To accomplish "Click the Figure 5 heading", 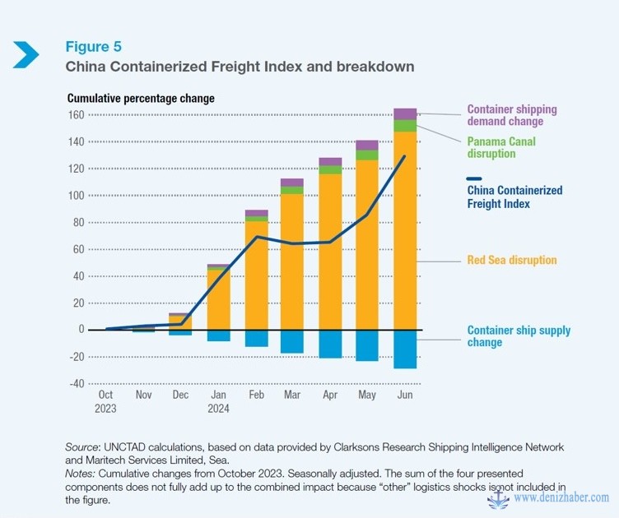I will [94, 46].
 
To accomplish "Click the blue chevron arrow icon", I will [26, 53].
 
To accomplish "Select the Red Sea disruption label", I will [512, 261].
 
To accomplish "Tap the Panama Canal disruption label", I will [501, 147].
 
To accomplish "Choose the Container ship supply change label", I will [519, 335].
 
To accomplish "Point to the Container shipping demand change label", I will [511, 115].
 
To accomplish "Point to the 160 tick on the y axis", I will [76, 115].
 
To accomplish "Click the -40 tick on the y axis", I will [76, 383].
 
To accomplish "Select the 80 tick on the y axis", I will [78, 222].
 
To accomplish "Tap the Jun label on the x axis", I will [404, 395].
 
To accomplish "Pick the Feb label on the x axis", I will [257, 395].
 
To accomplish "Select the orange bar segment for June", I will [405, 230].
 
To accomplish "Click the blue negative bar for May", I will [367, 345].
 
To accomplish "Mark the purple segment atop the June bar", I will [405, 113].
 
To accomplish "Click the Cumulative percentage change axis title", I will [141, 99].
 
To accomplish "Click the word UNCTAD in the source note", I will [121, 447].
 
